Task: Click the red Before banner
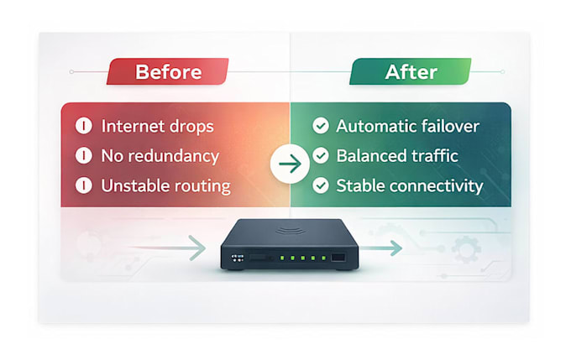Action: click(x=167, y=71)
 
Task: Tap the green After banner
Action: click(x=411, y=71)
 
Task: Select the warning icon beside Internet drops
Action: click(x=84, y=126)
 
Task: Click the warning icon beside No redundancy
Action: click(x=84, y=156)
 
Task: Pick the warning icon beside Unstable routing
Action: click(x=84, y=185)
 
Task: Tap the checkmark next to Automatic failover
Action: click(x=321, y=126)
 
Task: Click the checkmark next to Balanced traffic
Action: click(x=321, y=156)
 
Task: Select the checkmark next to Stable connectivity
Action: click(x=321, y=185)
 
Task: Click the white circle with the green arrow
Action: click(x=290, y=164)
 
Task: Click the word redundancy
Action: click(x=174, y=157)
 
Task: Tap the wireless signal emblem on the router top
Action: click(x=290, y=231)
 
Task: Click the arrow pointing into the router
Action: click(x=167, y=248)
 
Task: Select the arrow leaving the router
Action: click(x=380, y=248)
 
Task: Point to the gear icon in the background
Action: click(x=466, y=249)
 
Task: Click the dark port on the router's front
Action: click(x=338, y=258)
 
